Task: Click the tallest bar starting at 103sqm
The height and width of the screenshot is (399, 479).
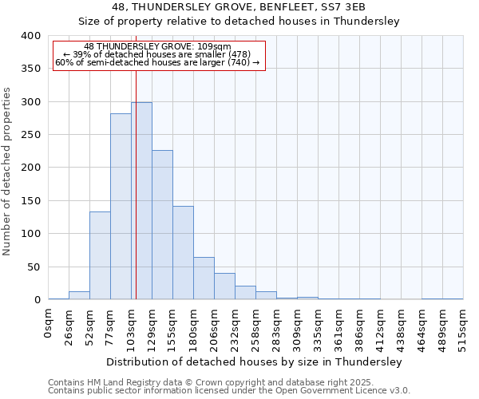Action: click(x=141, y=201)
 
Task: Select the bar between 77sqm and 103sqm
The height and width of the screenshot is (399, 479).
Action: click(x=121, y=207)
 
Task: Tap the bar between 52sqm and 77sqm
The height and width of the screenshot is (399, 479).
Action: click(x=100, y=255)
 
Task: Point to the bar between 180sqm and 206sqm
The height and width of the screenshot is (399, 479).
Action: click(x=204, y=279)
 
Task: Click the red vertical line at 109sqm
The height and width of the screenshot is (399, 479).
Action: click(x=136, y=160)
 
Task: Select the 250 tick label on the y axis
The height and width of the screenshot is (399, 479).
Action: click(x=30, y=136)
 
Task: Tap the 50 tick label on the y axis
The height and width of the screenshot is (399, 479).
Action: click(x=33, y=267)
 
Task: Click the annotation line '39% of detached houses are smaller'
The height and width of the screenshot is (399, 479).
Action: click(x=157, y=54)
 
